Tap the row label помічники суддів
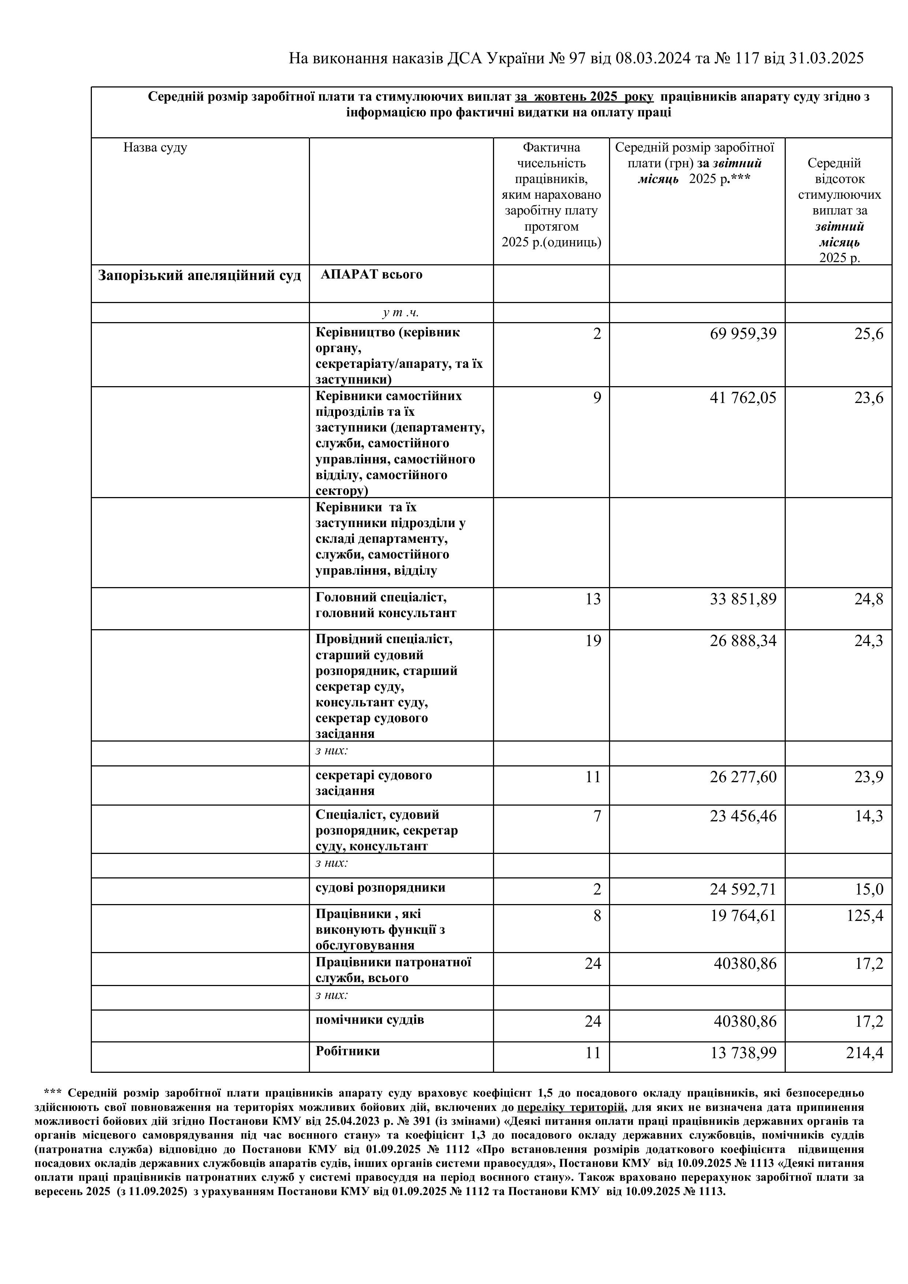point(370,1019)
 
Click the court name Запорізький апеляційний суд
point(199,276)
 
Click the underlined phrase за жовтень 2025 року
point(584,97)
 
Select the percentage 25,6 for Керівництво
point(868,334)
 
